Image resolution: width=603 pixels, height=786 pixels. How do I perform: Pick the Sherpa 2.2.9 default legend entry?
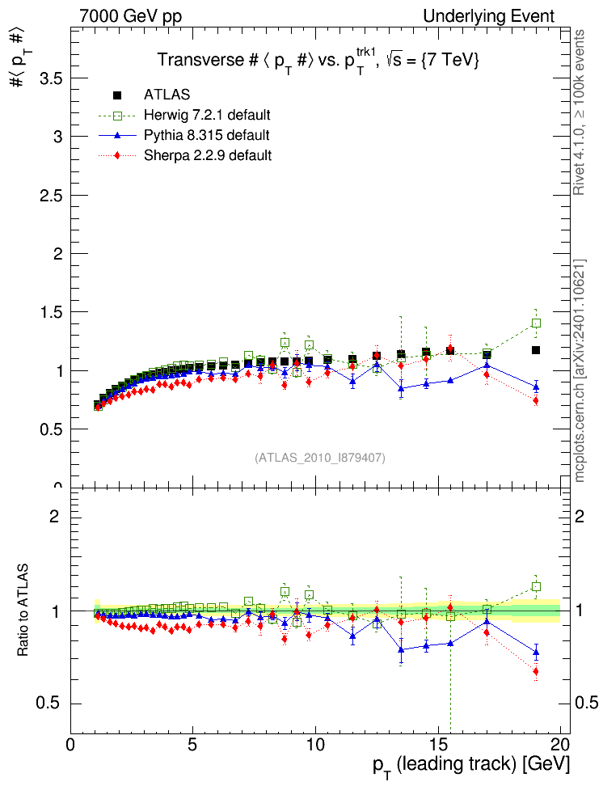213,154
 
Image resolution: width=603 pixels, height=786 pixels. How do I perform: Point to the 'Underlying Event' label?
489,16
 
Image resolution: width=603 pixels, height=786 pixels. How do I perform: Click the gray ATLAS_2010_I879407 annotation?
320,458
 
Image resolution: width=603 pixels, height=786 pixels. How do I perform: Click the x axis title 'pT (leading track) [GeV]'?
471,765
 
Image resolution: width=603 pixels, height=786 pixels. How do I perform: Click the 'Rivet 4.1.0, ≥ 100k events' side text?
579,113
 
